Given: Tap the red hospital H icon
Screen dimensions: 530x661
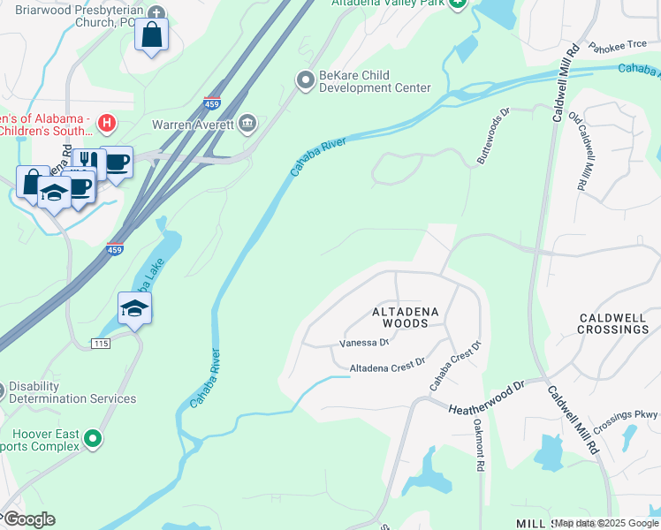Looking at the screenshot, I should [x=107, y=122].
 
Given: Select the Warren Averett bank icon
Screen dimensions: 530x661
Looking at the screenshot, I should [x=247, y=125].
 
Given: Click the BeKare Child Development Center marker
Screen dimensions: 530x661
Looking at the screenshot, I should [x=306, y=81].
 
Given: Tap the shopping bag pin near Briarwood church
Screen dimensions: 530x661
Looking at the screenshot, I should [x=152, y=35].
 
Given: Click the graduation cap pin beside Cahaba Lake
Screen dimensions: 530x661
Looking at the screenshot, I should [x=134, y=308].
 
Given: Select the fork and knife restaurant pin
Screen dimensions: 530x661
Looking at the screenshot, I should [x=87, y=160].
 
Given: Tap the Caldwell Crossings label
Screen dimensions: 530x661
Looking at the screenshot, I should [x=613, y=323].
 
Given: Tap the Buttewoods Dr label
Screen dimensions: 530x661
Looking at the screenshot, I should [x=494, y=137].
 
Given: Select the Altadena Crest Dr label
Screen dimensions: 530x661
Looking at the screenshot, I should [x=387, y=364].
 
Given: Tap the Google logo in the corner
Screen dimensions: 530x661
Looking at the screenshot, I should [x=28, y=519].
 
